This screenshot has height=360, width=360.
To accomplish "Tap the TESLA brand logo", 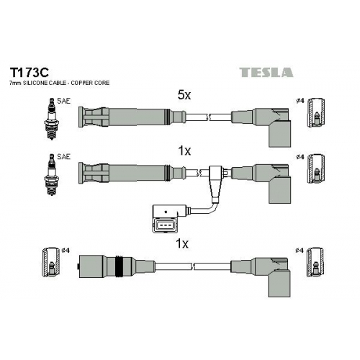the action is [x=266, y=72].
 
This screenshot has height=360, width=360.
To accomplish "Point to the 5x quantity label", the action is [x=184, y=96].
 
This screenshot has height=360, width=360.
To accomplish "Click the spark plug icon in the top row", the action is [x=51, y=119].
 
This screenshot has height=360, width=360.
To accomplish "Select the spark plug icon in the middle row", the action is [x=51, y=174].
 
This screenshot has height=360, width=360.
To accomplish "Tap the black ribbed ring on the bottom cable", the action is [x=120, y=266].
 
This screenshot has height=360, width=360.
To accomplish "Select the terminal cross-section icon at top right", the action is [x=316, y=112].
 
